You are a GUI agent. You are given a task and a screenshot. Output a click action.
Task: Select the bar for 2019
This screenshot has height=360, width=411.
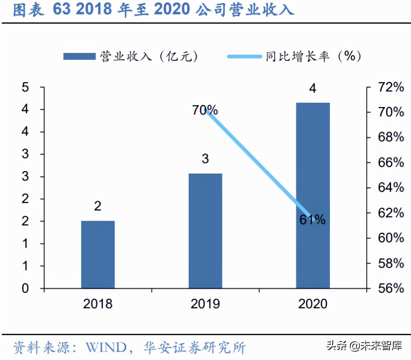pos(205,231)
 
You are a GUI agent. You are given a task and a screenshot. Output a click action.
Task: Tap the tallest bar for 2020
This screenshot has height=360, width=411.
pos(313,195)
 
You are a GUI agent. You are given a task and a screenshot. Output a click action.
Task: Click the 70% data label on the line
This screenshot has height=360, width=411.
pos(205,110)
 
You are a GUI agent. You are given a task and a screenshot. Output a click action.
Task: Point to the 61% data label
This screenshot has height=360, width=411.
pos(312,220)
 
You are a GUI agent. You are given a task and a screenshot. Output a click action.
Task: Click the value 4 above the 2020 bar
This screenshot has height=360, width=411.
pos(313,88)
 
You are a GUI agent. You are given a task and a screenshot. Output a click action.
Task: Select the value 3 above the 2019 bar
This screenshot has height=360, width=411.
pos(205,159)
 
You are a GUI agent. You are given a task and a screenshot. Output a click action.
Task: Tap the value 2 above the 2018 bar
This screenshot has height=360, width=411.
pos(98,206)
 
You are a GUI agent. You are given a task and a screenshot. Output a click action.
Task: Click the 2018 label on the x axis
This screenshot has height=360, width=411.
pos(98,304)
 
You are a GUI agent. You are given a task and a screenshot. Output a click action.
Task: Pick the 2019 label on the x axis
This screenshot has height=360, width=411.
pos(205,304)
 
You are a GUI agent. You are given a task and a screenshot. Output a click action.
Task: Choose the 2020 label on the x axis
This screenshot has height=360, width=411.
pos(313,304)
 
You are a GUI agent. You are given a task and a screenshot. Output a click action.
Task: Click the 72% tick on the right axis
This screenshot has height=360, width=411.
pos(391,87)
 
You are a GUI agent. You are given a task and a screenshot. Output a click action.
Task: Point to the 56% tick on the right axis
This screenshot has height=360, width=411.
pos(391,288)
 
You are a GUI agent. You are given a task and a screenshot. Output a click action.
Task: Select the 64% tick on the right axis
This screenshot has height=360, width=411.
pos(391,187)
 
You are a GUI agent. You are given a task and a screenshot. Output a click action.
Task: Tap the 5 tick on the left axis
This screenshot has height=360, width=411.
pos(25,87)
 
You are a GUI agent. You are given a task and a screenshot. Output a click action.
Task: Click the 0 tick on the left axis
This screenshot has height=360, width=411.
pos(25,288)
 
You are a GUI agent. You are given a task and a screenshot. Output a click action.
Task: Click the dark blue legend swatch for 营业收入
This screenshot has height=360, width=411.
pos(79,56)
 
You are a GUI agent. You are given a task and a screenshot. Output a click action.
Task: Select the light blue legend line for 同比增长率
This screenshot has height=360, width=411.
pos(244,56)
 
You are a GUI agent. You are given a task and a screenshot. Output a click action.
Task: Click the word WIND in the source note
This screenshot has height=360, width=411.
pos(106,347)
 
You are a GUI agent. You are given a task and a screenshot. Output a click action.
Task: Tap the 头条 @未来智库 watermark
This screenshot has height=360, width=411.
pos(364,345)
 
